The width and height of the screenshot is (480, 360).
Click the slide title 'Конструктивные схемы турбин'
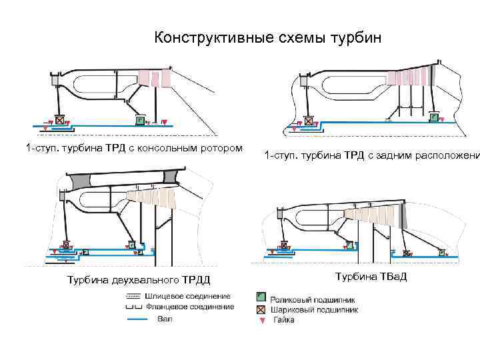[x=268, y=37]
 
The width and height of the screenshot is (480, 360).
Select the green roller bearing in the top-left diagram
[x=140, y=120]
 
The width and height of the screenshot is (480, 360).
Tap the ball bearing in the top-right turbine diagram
[x=309, y=121]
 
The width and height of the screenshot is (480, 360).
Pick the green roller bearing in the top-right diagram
[x=434, y=118]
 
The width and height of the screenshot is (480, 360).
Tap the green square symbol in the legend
[x=261, y=297]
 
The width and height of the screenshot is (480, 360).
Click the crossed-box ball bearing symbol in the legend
[x=261, y=309]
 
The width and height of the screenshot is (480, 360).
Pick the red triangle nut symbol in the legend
[x=261, y=321]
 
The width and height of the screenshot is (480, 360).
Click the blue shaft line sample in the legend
[x=136, y=320]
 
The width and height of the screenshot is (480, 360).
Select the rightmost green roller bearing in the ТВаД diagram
[x=441, y=253]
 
